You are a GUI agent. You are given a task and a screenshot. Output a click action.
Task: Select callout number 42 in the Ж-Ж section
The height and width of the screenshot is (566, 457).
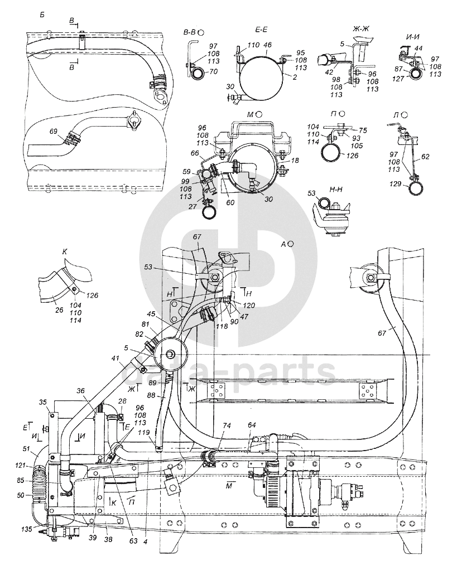[x=329, y=72]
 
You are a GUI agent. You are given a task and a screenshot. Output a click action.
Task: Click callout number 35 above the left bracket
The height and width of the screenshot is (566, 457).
[x=42, y=401]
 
